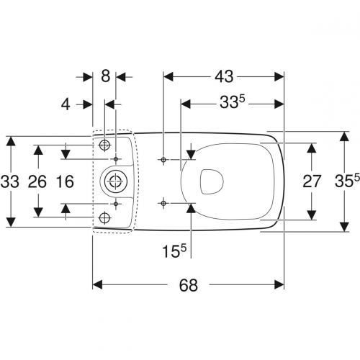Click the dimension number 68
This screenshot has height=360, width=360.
tap(189, 285)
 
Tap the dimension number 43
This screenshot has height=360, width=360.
tap(224, 76)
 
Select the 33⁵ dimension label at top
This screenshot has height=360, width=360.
tap(233, 102)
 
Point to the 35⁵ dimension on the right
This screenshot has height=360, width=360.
tap(347, 181)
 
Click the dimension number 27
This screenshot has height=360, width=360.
tap(312, 181)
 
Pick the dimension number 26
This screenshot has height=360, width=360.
tap(37, 181)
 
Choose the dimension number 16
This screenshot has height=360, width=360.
tap(65, 181)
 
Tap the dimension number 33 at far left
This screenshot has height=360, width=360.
tap(9, 181)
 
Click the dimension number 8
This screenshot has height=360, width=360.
tap(105, 76)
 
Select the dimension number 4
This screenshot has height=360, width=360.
tap(66, 104)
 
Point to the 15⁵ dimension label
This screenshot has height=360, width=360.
tap(174, 251)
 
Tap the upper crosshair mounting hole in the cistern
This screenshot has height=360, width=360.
tap(104, 145)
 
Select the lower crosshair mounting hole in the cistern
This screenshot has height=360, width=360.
tap(104, 217)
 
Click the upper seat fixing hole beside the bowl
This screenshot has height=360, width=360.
tap(163, 160)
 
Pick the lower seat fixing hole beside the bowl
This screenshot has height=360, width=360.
tap(163, 204)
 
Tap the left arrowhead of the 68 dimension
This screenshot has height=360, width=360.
tap(98, 285)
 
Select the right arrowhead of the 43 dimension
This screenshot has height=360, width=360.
tap(279, 76)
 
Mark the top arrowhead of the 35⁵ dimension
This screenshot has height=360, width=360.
tap(345, 137)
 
